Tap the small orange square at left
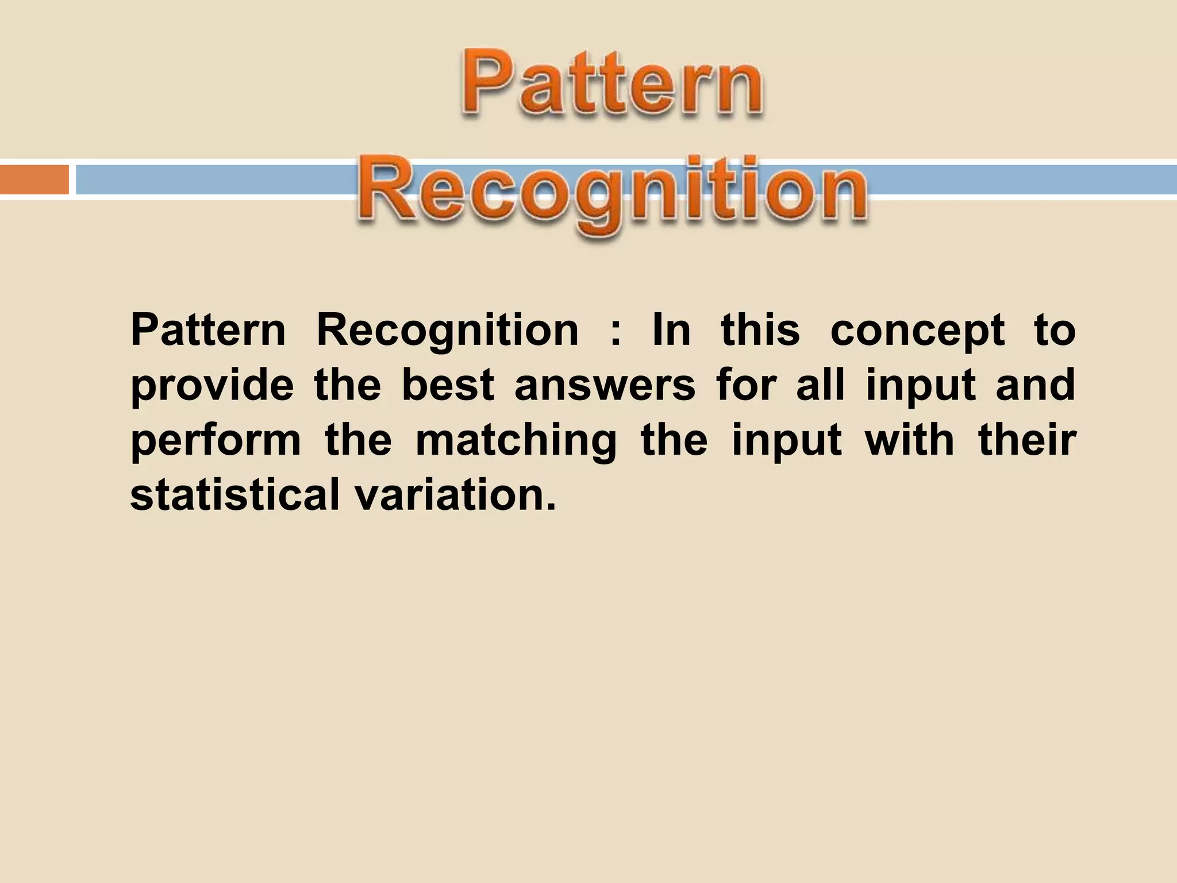click(x=34, y=179)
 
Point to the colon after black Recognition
click(x=616, y=332)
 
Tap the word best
click(x=448, y=385)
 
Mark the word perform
click(x=216, y=440)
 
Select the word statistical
click(x=235, y=494)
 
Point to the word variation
click(x=455, y=494)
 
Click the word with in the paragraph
click(x=910, y=440)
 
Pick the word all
click(x=820, y=385)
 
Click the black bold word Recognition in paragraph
click(x=448, y=332)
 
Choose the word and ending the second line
click(x=1035, y=385)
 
